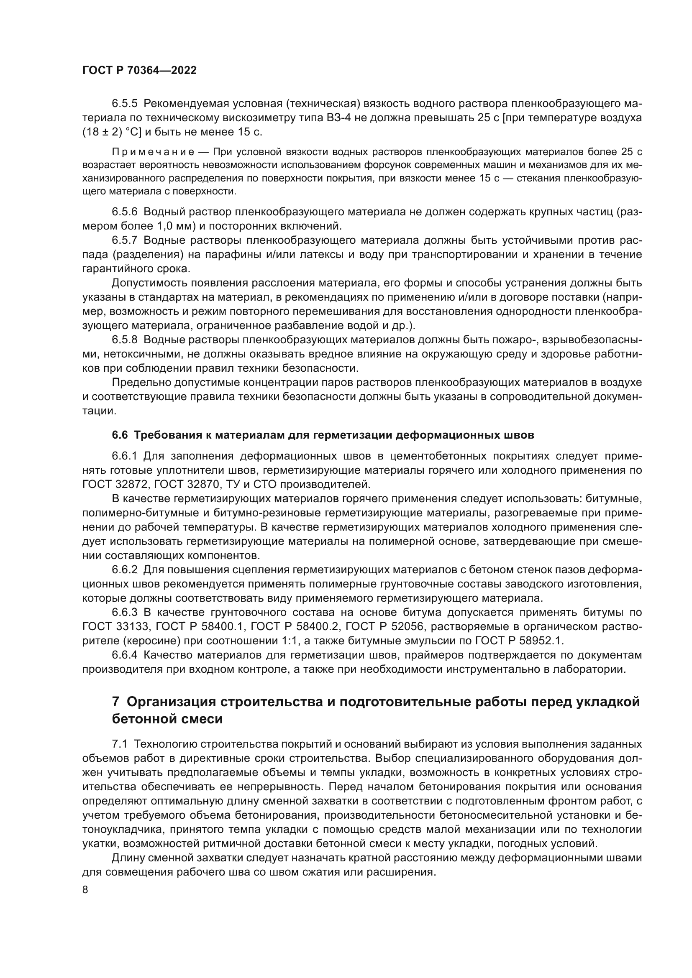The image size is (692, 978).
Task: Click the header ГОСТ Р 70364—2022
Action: point(139,71)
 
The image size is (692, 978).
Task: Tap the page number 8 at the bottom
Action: point(85,889)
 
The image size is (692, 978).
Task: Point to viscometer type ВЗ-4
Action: point(338,117)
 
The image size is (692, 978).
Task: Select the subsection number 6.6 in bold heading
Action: point(120,435)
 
